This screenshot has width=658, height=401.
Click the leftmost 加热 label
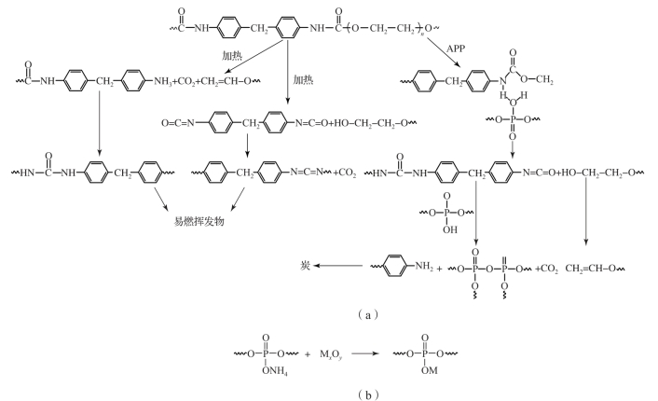tap(233, 56)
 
